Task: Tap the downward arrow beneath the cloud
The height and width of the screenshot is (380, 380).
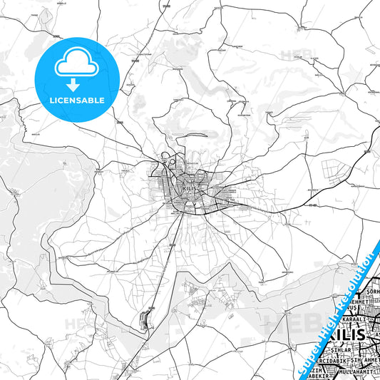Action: (76, 85)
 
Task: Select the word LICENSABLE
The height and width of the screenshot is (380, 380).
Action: (76, 101)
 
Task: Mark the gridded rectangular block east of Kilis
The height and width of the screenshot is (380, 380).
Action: (333, 170)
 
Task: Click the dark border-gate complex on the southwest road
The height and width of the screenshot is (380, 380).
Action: (148, 319)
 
